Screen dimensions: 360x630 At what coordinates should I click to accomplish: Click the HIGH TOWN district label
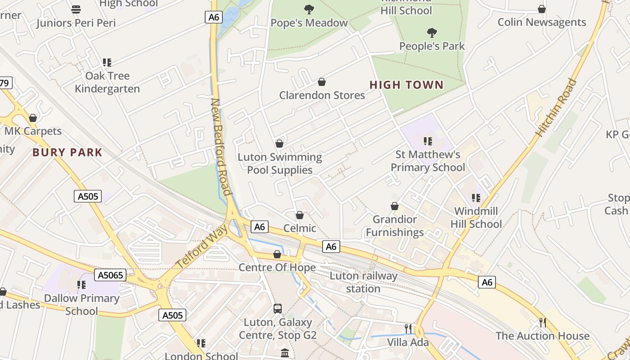tap(406, 85)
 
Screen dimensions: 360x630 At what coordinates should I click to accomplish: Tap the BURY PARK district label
tap(67, 153)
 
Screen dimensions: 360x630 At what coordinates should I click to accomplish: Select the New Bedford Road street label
tap(222, 147)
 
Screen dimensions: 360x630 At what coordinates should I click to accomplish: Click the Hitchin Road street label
tap(556, 108)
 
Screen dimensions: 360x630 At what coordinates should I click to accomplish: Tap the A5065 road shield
tap(110, 275)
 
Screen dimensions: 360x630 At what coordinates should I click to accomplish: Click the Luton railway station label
tap(364, 282)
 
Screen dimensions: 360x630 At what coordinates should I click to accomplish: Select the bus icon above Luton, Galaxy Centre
tap(278, 309)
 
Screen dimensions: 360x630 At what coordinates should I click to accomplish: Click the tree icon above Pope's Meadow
tap(309, 9)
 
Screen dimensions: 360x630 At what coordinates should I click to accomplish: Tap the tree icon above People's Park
tap(432, 33)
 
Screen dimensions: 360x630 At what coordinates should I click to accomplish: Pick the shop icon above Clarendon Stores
tap(322, 82)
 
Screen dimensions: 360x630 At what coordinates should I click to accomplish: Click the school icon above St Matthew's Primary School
tap(427, 141)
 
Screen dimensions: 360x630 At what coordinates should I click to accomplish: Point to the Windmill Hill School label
tap(476, 217)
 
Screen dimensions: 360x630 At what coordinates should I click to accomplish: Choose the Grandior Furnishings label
tap(395, 225)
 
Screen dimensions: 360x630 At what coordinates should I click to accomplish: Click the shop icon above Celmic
tap(300, 215)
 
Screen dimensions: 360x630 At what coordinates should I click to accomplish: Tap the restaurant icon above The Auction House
tap(542, 322)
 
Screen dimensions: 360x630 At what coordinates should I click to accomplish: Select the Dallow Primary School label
tap(81, 304)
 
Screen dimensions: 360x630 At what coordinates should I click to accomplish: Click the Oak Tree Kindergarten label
tap(107, 82)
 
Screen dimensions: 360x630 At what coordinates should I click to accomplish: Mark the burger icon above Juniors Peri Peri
tap(76, 9)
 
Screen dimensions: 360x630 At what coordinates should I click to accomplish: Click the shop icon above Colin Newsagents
tap(542, 9)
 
